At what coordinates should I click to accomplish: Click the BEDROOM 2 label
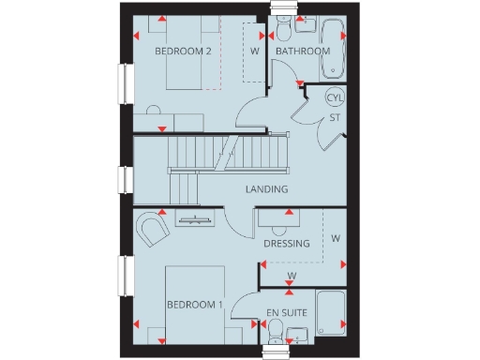point(183,51)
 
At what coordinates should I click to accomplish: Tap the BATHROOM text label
point(303,51)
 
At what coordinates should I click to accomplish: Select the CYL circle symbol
point(334,97)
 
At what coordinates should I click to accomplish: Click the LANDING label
point(266,189)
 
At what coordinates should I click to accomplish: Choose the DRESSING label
point(286,244)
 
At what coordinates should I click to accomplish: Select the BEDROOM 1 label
point(194,305)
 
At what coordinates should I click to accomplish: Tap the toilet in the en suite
point(276,329)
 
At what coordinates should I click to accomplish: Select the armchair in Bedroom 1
point(151,228)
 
